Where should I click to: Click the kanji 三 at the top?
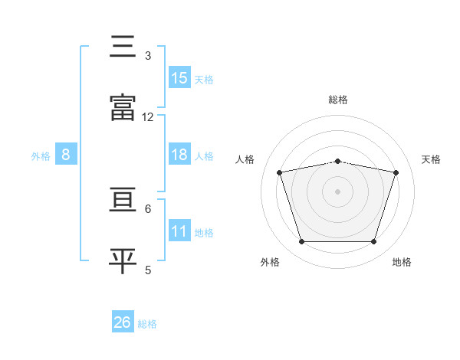coord(123,46)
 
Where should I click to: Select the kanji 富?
coord(123,107)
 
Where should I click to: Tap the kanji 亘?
coord(123,199)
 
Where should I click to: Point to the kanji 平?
coord(123,260)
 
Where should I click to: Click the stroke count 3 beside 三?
coord(148,56)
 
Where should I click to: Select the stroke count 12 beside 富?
coord(147,117)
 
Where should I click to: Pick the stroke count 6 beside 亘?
coord(148,209)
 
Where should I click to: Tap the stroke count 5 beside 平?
coord(148,270)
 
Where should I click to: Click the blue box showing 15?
coord(179,77)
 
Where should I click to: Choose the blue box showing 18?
coord(179,154)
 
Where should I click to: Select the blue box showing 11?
coord(179,230)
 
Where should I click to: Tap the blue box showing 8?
coord(66,154)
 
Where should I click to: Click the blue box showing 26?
coord(123,321)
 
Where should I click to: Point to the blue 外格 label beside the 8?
coord(41,156)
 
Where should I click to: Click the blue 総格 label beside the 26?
coord(147,324)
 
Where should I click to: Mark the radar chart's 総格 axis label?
coord(338,100)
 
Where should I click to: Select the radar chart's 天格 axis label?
coord(431,159)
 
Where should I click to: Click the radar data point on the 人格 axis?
coord(279,172)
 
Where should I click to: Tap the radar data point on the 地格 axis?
coord(373,241)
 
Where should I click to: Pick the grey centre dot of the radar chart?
coord(337,191)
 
